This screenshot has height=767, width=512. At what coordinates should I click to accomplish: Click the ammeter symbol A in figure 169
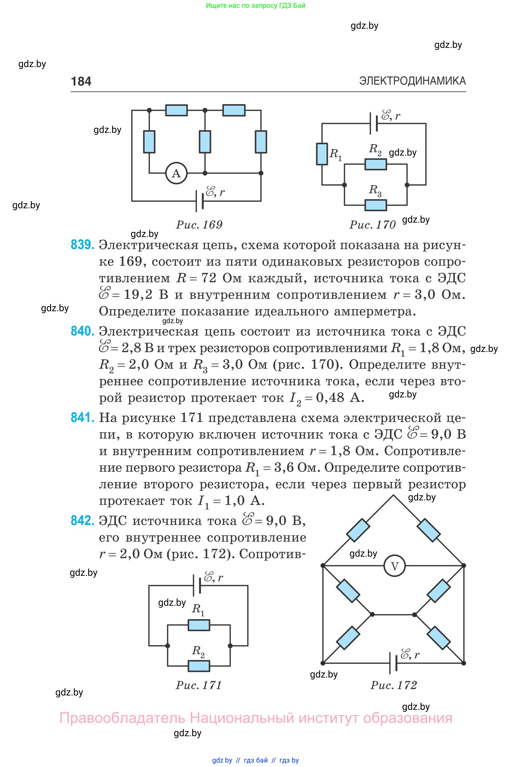click(176, 173)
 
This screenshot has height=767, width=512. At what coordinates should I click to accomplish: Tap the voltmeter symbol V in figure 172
click(395, 566)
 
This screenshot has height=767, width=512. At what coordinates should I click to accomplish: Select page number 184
click(81, 81)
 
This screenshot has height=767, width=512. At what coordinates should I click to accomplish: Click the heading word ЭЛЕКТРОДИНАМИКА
click(412, 81)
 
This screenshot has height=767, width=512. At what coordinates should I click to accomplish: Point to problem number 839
click(82, 245)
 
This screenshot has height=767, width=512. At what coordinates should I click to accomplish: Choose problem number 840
click(82, 331)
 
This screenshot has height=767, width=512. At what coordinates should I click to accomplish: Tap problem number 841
click(82, 417)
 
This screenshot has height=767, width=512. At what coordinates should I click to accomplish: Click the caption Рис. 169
click(199, 225)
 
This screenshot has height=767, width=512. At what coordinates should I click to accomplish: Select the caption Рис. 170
click(372, 225)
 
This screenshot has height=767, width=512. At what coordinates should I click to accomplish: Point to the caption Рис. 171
click(198, 685)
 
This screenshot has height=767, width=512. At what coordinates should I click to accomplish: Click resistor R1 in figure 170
click(322, 154)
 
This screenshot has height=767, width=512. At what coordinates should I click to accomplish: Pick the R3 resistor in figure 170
click(375, 205)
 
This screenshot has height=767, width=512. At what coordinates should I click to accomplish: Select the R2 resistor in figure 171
click(199, 665)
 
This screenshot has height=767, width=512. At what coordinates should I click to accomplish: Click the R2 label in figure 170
click(375, 149)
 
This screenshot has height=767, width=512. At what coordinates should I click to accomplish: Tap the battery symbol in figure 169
click(199, 201)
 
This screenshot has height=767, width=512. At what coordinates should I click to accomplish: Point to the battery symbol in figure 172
click(393, 663)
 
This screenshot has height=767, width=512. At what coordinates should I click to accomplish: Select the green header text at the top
click(256, 6)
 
